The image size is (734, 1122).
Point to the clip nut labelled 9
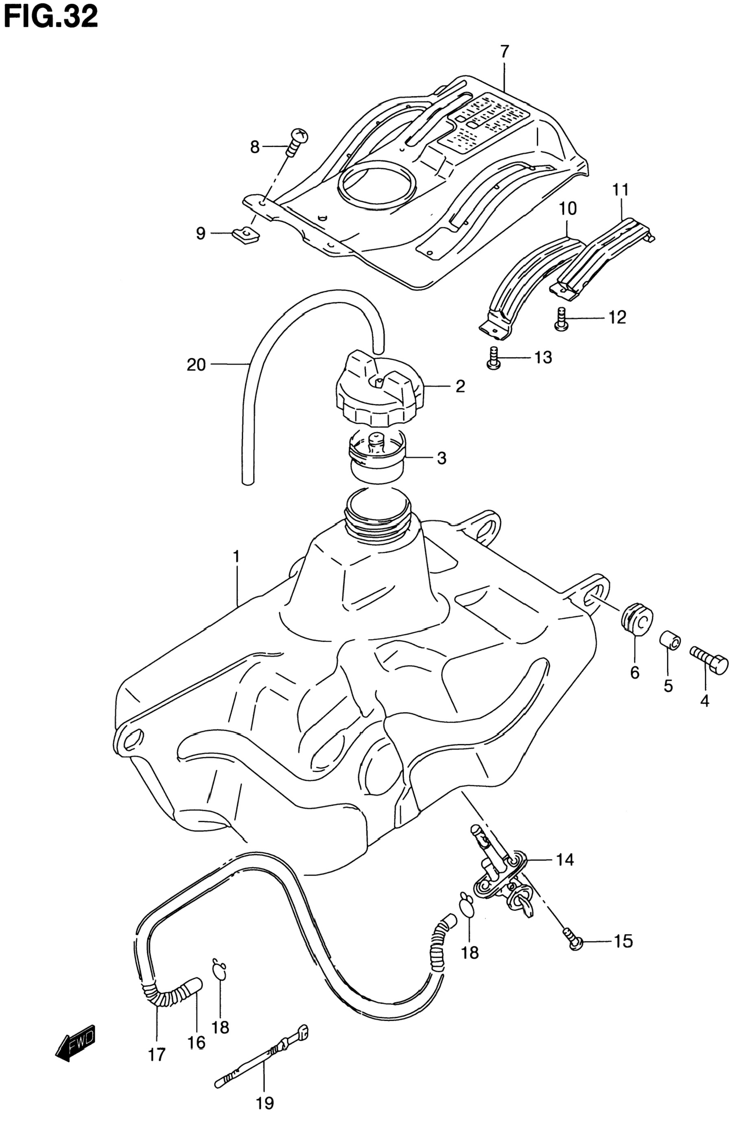[247, 235]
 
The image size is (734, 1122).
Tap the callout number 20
[196, 364]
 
